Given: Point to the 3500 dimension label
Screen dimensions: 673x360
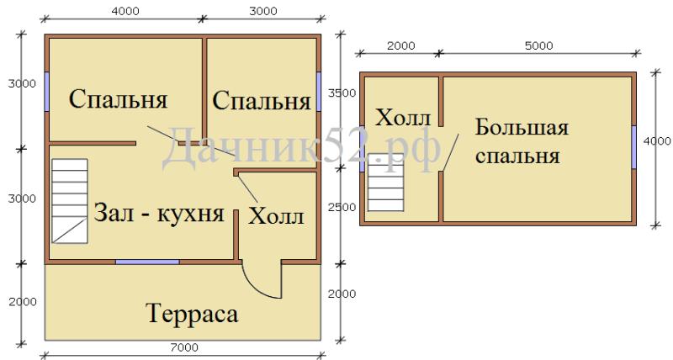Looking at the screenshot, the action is point(342,93).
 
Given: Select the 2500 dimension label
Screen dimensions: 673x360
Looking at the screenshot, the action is point(342,207).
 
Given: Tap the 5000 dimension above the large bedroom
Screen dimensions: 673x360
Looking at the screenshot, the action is point(539,46).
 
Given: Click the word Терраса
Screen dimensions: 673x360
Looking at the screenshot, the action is point(192,313).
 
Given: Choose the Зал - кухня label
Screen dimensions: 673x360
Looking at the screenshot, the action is point(159,213).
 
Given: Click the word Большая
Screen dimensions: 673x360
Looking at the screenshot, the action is point(522,128).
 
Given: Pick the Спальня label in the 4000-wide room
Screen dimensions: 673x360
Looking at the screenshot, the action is point(118,99).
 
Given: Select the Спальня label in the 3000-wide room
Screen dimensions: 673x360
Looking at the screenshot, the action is point(262,101).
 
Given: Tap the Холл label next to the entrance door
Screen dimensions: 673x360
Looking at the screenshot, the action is point(277,216).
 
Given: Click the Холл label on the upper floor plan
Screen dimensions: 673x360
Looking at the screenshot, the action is point(403,117).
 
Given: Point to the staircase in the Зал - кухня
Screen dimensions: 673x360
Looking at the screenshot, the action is point(70,201).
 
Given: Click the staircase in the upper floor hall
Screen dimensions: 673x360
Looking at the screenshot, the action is point(386,183).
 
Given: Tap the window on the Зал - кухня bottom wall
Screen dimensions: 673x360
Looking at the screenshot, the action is point(147,262).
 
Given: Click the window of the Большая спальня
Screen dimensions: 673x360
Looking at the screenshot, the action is point(633,147).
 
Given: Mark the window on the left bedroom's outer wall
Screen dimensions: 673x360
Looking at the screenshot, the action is point(47,91).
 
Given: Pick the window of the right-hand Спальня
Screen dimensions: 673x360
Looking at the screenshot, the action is point(319,92).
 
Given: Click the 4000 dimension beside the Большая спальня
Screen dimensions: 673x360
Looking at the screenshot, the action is point(657,141).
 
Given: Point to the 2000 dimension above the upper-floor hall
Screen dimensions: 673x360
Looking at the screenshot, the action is point(401,46).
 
